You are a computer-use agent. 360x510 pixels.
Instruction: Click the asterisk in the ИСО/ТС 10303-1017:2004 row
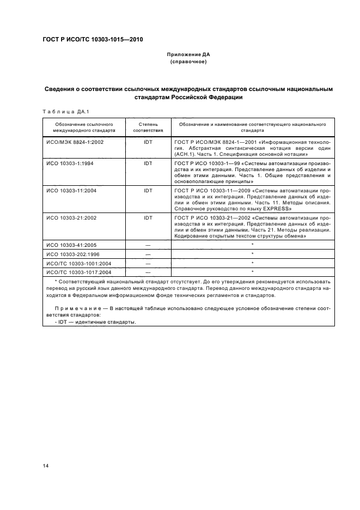pyautogui.click(x=252, y=271)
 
